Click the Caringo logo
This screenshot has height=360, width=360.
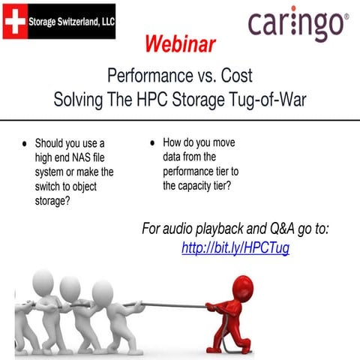298,25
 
